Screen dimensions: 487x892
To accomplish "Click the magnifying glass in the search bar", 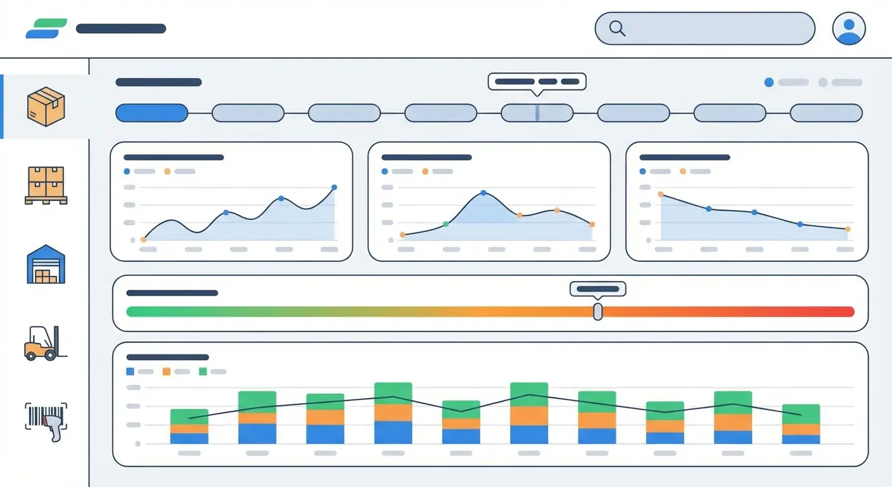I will coord(617,29).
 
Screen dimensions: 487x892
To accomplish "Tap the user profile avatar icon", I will coord(849,29).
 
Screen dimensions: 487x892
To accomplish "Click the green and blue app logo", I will coord(46,29).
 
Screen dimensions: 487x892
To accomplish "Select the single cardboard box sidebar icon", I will coord(46,106).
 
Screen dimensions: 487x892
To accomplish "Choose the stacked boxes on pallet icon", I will coord(46,185).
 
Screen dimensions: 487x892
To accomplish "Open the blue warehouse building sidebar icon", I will coord(46,264).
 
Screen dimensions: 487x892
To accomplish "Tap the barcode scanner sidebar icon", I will coord(46,421).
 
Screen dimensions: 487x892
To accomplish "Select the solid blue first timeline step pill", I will coord(152,113).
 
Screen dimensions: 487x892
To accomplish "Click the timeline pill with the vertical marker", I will coord(537,113).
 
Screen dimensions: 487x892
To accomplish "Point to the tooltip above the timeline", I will coord(537,82).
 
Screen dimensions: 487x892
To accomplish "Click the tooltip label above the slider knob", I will coord(597,289).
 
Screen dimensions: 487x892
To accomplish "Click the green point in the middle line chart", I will coord(446,224).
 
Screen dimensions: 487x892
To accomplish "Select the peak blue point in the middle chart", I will coord(483,193).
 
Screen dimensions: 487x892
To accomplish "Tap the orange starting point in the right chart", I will coord(661,195).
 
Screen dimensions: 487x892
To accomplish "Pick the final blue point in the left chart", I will coord(334,188).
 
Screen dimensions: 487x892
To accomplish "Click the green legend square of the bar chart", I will coord(203,372).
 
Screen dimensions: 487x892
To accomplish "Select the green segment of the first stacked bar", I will coord(189,417).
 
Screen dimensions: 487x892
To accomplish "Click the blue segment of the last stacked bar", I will coord(801,439).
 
